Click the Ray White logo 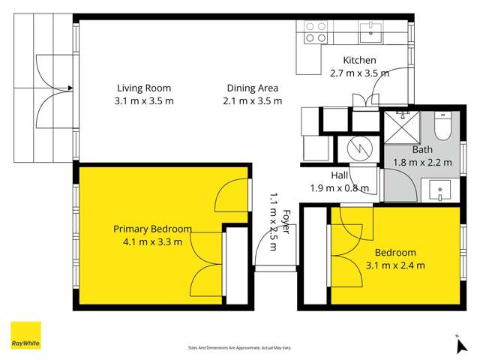coord(25,335)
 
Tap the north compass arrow coord(460,344)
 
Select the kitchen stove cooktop coord(315,31)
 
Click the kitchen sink coord(370,31)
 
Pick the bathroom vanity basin coord(439,190)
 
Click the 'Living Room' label coord(144,88)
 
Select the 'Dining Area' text coord(253,88)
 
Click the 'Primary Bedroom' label coord(152,229)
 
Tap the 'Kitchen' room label coord(359,61)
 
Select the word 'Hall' coord(339,175)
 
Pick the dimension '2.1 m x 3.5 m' coord(253,100)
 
